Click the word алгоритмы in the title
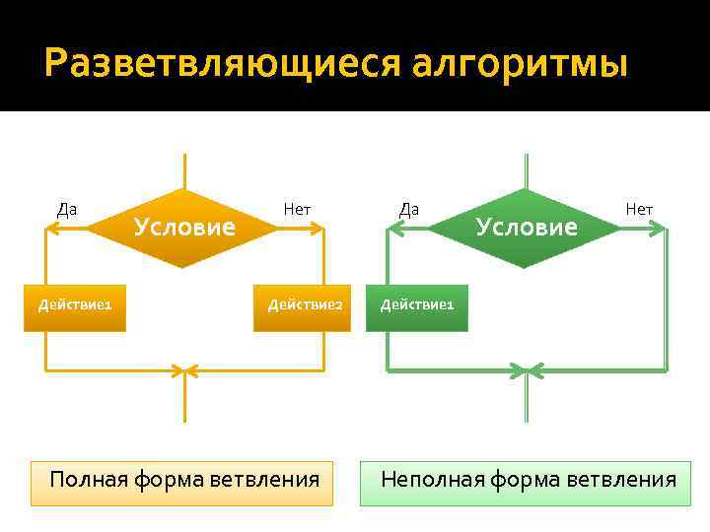coord(519,64)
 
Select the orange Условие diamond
coord(184,228)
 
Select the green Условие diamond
coord(526,228)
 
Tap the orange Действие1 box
coord(75,304)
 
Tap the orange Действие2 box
coord(305,304)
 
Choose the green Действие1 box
coord(417,304)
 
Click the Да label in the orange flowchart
coord(67,209)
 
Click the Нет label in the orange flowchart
coord(297,209)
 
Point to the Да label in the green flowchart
coord(408,209)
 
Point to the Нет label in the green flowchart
coord(639,209)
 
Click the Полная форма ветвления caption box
coord(182,481)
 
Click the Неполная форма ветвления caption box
coord(526,481)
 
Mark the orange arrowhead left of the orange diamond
coord(52,229)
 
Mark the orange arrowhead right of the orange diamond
coord(318,229)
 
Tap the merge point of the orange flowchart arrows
coord(184,371)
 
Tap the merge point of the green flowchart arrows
coord(527,371)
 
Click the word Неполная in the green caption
coord(430,481)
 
